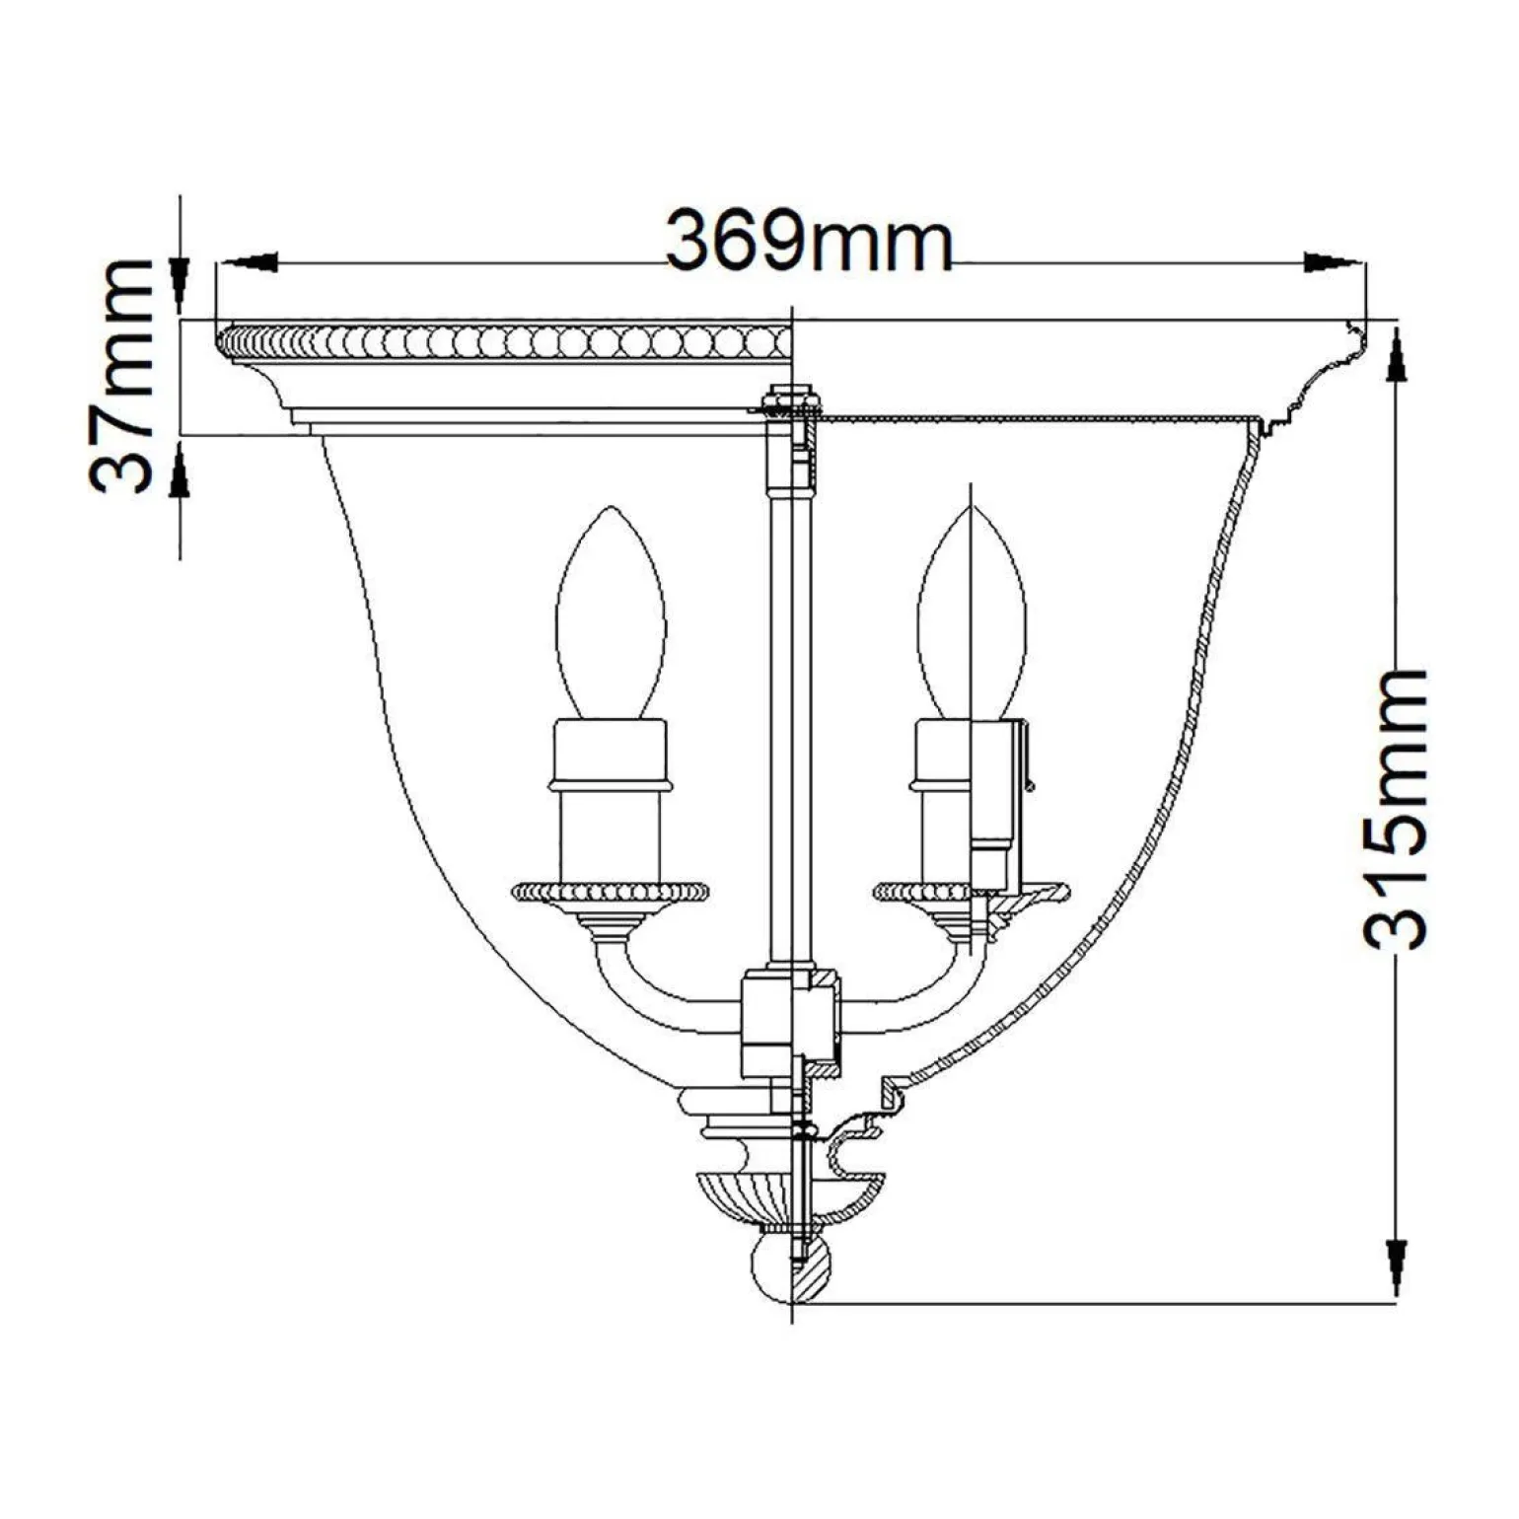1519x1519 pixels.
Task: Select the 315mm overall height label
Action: pyautogui.click(x=1394, y=810)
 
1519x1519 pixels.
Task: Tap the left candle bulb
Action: pyautogui.click(x=611, y=615)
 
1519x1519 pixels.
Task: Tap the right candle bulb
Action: pyautogui.click(x=972, y=615)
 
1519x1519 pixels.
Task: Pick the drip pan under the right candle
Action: pyautogui.click(x=972, y=892)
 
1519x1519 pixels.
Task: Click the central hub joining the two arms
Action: pyautogui.click(x=790, y=1021)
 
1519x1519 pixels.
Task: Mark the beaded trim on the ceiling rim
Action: pyautogui.click(x=503, y=342)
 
